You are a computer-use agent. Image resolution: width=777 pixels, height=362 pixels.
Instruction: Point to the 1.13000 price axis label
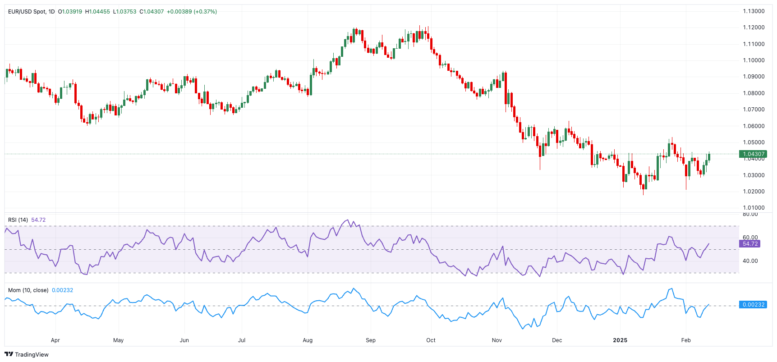click(754, 11)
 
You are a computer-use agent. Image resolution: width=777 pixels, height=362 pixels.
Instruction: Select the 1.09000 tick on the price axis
click(754, 77)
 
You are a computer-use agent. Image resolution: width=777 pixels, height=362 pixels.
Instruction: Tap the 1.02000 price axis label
click(754, 192)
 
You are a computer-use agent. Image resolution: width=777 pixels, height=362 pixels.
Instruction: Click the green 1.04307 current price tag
click(753, 154)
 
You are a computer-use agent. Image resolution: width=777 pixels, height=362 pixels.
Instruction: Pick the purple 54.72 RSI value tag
click(750, 244)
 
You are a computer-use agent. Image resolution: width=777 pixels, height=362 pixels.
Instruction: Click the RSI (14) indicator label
click(18, 220)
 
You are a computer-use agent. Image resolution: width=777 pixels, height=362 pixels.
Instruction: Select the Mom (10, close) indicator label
click(28, 290)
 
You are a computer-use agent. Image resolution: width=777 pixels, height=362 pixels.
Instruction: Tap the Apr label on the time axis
click(55, 340)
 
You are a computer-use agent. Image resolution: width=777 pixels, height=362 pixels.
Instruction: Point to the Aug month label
click(308, 340)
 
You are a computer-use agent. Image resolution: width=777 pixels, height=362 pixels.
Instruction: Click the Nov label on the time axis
click(497, 340)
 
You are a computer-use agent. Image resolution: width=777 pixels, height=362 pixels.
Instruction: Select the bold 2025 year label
click(620, 340)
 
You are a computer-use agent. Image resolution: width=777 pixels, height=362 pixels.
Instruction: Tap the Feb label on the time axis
click(686, 340)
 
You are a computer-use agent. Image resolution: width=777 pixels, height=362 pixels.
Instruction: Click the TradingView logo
click(26, 354)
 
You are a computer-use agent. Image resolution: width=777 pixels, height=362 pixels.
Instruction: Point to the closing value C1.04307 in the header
click(152, 11)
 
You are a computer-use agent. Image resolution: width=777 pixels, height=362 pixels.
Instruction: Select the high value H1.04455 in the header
click(97, 11)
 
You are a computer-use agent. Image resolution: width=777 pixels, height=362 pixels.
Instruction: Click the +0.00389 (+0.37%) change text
click(192, 11)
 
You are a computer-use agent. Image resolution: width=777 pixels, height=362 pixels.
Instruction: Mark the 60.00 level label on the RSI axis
click(750, 238)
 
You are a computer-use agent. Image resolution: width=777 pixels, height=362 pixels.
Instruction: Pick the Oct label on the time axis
click(431, 340)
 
